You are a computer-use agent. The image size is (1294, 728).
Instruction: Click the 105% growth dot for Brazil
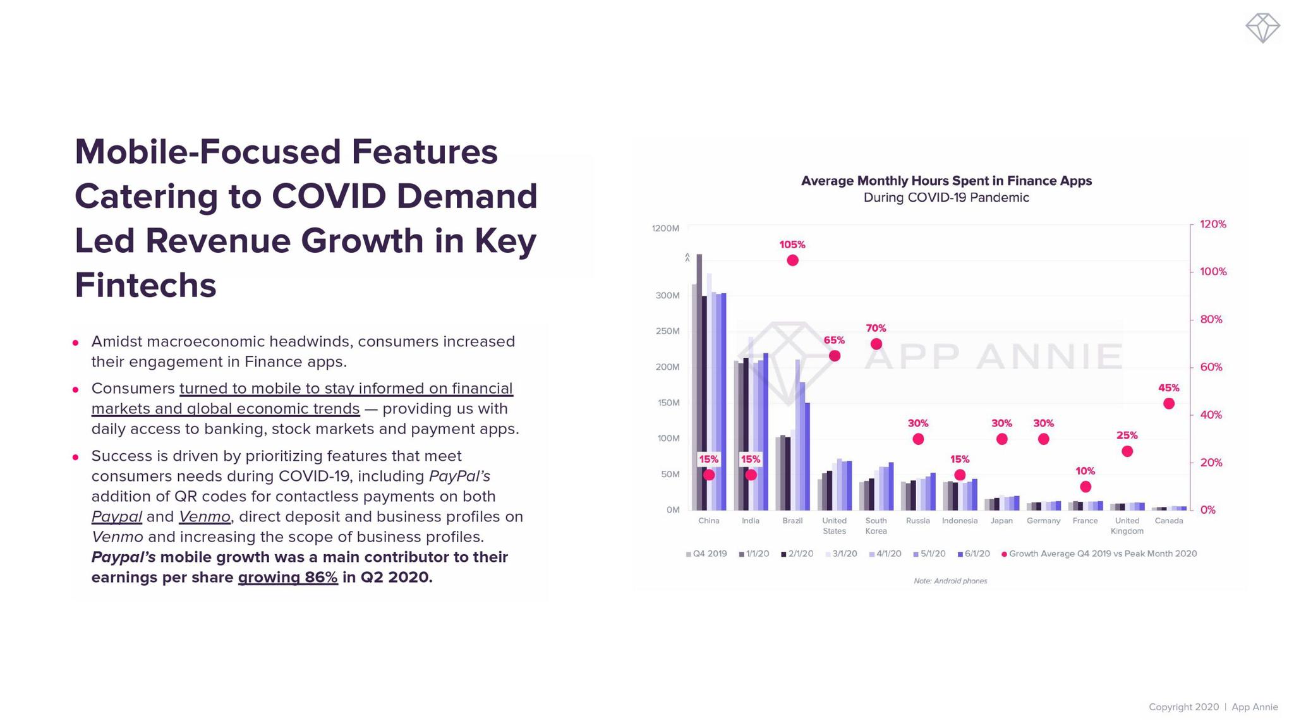tap(792, 260)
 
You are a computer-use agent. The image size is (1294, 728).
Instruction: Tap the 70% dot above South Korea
tap(876, 344)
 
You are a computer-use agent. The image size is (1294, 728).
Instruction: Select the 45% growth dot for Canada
tap(1169, 404)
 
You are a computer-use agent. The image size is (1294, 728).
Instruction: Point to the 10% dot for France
tap(1085, 487)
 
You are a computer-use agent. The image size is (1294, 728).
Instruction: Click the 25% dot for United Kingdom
tap(1127, 451)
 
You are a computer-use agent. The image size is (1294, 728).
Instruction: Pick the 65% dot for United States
tap(835, 356)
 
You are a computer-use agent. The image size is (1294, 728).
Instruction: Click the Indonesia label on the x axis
tap(960, 521)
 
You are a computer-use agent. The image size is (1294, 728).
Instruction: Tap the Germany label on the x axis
tap(1043, 521)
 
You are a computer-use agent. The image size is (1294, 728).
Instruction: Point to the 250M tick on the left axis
tap(668, 331)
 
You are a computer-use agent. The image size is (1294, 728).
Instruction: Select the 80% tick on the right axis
tap(1211, 320)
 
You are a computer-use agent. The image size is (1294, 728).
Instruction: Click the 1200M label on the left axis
tap(665, 228)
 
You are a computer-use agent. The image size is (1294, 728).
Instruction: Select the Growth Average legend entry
tap(1099, 554)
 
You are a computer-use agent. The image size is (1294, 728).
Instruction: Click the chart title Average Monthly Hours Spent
tap(946, 181)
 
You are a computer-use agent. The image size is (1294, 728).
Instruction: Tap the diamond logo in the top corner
tap(1262, 28)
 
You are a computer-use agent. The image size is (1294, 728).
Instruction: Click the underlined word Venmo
tap(204, 517)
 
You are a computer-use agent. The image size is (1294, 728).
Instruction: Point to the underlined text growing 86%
tap(287, 578)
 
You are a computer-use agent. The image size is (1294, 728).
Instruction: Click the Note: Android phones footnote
tap(950, 581)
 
